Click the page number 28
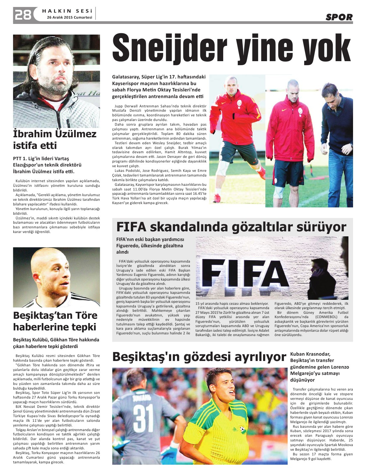pos(23,15)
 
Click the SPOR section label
pos(339,17)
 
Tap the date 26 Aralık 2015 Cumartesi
pos(69,17)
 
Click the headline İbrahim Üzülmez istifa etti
pos(55,140)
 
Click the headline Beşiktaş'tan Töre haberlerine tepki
pos(55,321)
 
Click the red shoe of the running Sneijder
pos(217,198)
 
